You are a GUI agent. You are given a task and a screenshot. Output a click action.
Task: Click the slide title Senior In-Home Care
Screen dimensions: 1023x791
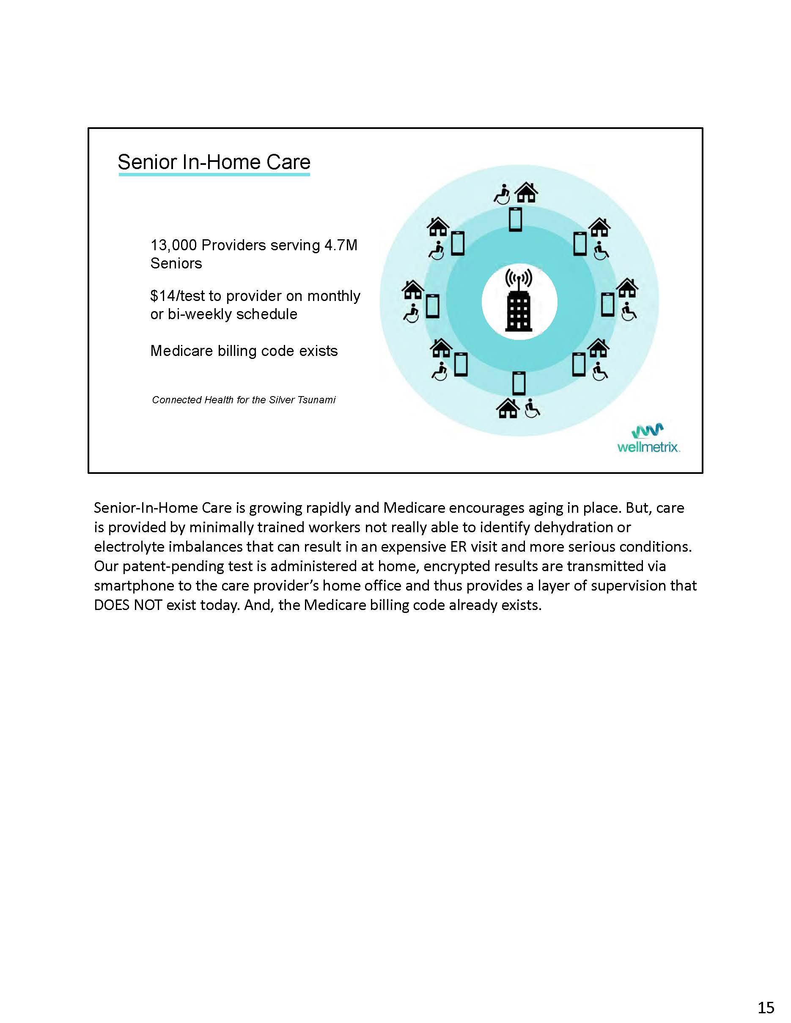coord(214,162)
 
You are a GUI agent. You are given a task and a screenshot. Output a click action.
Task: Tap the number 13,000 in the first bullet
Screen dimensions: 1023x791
coord(173,245)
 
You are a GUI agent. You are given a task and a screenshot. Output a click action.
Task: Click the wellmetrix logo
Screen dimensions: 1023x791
coord(648,438)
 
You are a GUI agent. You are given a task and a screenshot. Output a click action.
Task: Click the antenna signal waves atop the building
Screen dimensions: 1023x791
coord(519,277)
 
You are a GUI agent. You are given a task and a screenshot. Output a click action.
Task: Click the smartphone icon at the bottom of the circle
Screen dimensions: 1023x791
coord(519,383)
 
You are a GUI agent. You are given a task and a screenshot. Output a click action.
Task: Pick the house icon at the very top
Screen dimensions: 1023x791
coord(527,192)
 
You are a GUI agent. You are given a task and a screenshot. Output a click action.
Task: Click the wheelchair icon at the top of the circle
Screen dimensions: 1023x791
coord(502,194)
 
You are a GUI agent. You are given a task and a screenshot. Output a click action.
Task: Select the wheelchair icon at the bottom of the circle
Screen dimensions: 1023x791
coord(532,408)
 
